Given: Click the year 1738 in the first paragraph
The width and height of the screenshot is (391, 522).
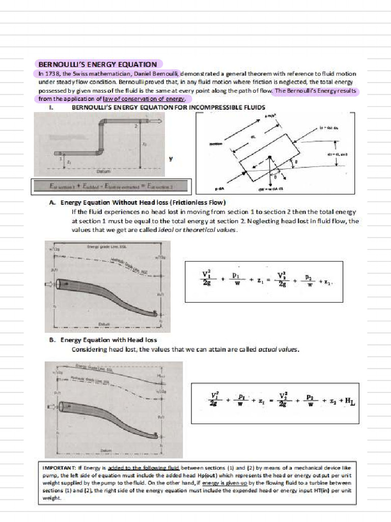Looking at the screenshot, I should click(x=52, y=74).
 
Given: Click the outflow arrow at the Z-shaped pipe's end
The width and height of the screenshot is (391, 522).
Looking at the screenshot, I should click(x=159, y=120).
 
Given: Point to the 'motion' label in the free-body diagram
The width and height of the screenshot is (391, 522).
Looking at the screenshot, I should click(x=216, y=144).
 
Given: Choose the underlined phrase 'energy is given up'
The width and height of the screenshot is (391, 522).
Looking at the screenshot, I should click(x=222, y=482).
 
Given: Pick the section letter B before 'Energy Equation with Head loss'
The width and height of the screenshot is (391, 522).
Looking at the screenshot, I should click(x=52, y=340).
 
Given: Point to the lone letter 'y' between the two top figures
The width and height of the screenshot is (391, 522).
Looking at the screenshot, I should click(x=171, y=159).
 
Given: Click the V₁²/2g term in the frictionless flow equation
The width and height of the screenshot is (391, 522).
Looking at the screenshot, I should click(x=207, y=280).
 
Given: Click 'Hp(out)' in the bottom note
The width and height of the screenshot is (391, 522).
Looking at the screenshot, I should click(x=207, y=475).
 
